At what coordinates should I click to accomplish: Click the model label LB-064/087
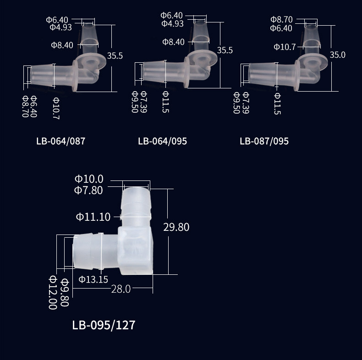point(61,141)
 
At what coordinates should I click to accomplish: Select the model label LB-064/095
point(163,141)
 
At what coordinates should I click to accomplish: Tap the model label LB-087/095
point(264,141)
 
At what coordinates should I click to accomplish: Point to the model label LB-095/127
point(104,325)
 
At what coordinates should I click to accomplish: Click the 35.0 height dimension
point(338,55)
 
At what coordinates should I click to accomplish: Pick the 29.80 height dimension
point(176,227)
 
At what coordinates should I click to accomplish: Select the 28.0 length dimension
point(121,289)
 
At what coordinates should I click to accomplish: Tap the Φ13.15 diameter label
point(93,279)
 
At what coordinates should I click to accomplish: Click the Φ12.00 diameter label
point(53,292)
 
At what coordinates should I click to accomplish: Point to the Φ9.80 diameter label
point(65,292)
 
